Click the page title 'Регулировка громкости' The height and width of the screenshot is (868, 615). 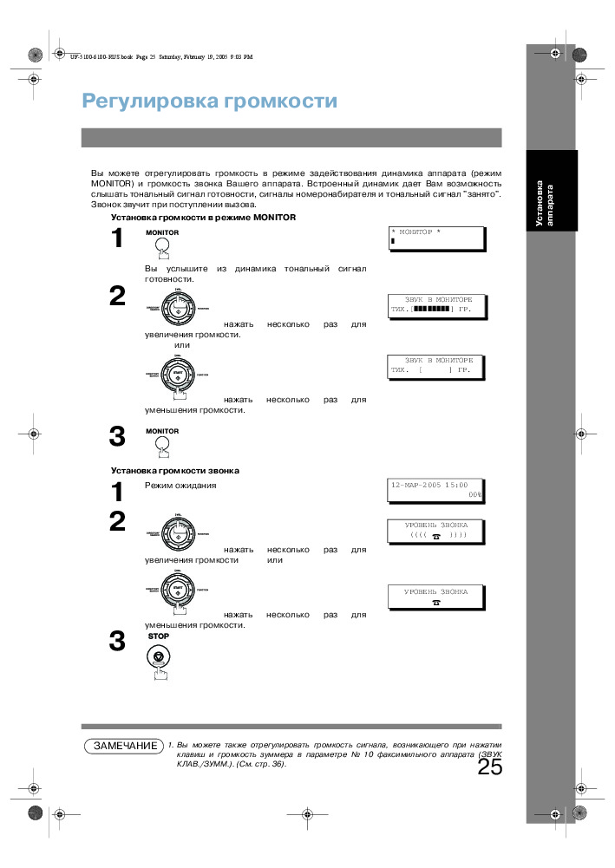[x=209, y=101]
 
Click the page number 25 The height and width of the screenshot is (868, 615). [x=489, y=767]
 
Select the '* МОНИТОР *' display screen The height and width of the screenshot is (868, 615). [x=437, y=238]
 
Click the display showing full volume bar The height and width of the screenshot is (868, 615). [x=437, y=304]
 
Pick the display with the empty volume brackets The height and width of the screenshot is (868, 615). [x=437, y=364]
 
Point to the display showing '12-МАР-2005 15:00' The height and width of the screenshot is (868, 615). [x=437, y=490]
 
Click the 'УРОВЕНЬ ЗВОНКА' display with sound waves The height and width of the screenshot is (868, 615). [x=437, y=531]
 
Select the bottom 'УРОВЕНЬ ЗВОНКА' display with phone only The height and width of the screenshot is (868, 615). [x=437, y=597]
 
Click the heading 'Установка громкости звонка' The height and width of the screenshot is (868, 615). [x=174, y=470]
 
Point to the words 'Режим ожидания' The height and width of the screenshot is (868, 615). [x=180, y=486]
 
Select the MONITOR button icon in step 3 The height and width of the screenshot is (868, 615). [x=161, y=444]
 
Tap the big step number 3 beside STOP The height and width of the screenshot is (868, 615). [x=117, y=643]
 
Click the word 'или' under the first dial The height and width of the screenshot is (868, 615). [x=182, y=345]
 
